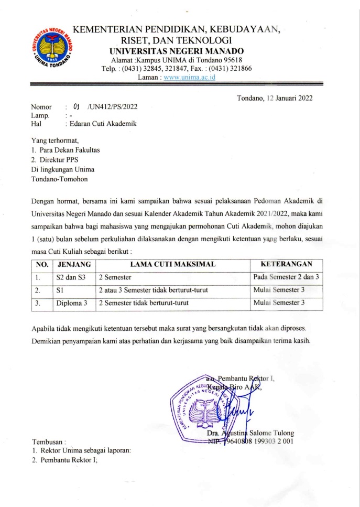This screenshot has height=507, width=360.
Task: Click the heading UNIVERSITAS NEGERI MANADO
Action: click(x=176, y=51)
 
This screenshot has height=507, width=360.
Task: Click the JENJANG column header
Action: click(x=74, y=264)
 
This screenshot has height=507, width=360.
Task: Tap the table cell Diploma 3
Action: click(x=72, y=303)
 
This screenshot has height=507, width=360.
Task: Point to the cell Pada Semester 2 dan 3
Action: click(x=286, y=276)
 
